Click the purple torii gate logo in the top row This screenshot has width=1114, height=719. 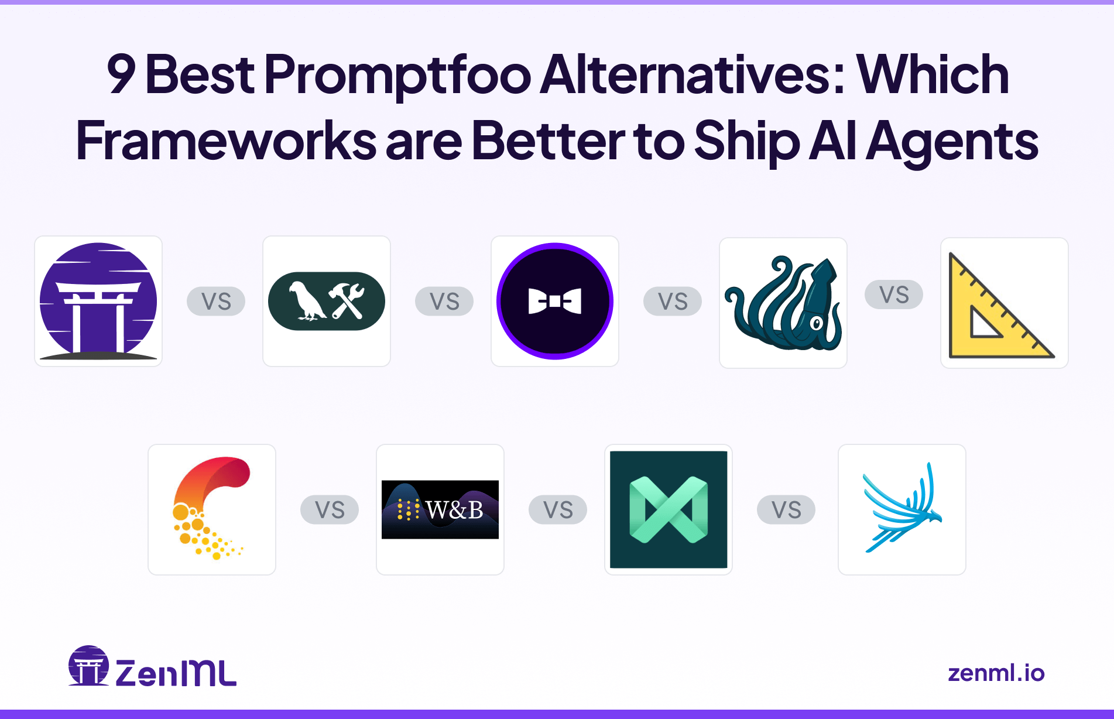tap(98, 301)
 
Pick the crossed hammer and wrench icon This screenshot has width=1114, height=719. tap(347, 301)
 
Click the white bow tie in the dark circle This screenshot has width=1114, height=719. tap(554, 301)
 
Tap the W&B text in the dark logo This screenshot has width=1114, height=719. tap(454, 510)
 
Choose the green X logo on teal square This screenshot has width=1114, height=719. tap(669, 509)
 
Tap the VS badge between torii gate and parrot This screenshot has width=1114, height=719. tap(216, 302)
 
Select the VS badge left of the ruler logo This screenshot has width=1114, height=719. tap(894, 295)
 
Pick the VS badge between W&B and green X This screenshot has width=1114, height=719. tap(558, 510)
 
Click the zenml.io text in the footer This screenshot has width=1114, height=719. tap(996, 673)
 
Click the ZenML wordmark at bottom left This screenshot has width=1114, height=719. tap(176, 673)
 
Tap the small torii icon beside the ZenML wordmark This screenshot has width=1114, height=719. tap(88, 666)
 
